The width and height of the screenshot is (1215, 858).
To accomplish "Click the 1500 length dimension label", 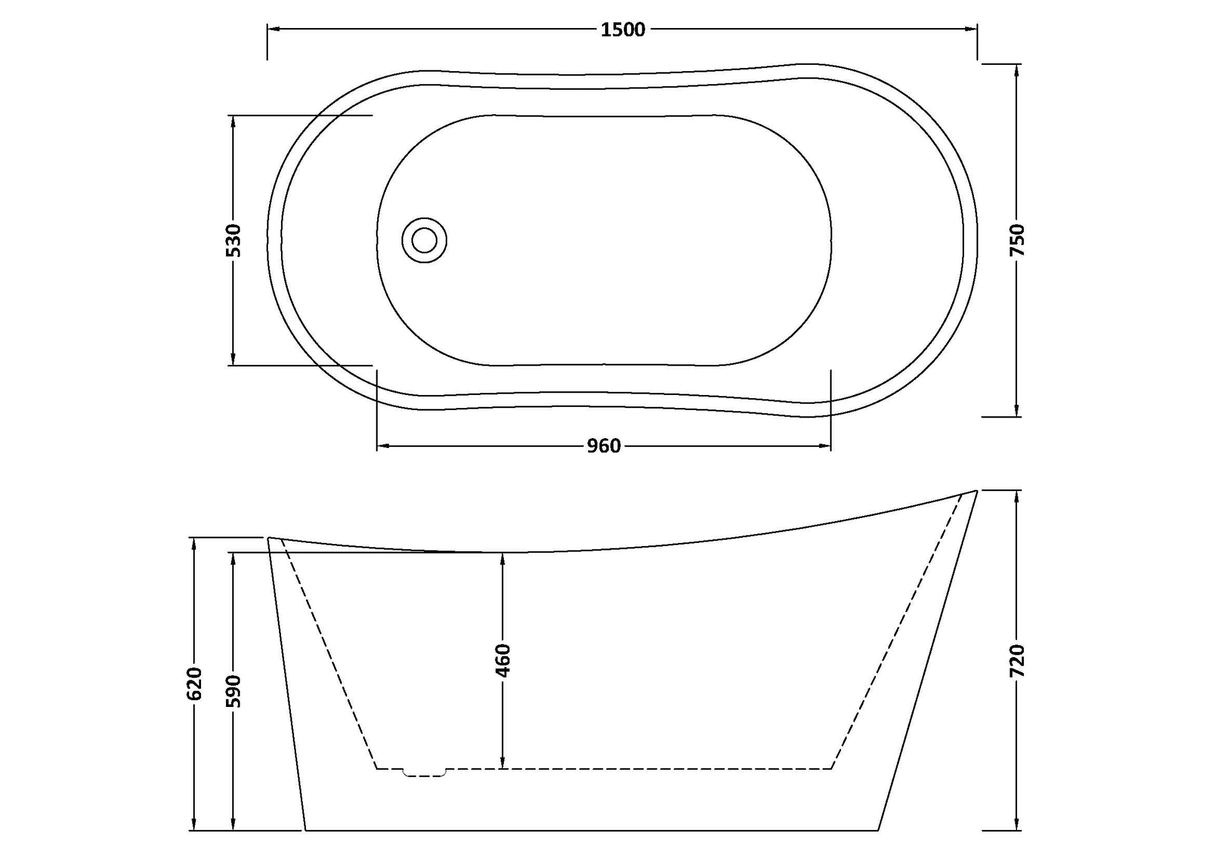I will coord(622,29).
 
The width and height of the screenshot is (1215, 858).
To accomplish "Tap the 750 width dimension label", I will coord(1017,240).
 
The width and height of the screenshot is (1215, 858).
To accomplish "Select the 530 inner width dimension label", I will coord(233,240).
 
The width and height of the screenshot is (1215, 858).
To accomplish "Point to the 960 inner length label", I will coord(604,446).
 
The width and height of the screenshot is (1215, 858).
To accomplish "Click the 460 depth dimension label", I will coord(503,660).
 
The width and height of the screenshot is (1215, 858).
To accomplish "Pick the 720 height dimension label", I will coord(1017,660).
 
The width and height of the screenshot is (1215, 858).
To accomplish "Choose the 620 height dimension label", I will coord(195,683).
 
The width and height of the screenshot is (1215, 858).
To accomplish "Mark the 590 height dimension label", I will coord(233,691).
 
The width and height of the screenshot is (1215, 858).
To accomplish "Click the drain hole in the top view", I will coord(425,240).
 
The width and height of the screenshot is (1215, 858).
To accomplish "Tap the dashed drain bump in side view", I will coord(425,774).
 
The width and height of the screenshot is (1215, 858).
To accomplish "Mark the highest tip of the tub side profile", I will coord(976,491).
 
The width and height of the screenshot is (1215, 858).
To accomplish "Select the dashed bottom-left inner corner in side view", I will coord(377,768).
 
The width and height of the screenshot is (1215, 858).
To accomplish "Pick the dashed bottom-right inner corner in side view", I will coord(831,768).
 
